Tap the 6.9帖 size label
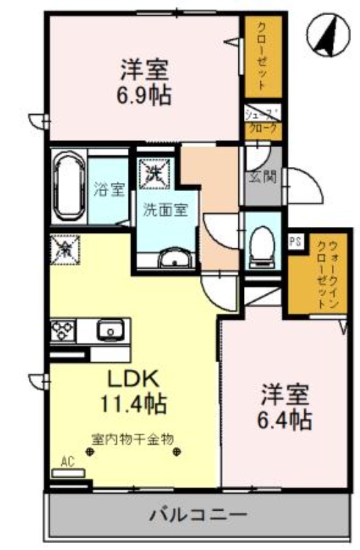click(x=144, y=93)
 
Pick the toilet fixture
click(x=262, y=246)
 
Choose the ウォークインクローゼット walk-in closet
click(x=320, y=275)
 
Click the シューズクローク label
click(x=263, y=121)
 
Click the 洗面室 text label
click(x=165, y=210)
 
